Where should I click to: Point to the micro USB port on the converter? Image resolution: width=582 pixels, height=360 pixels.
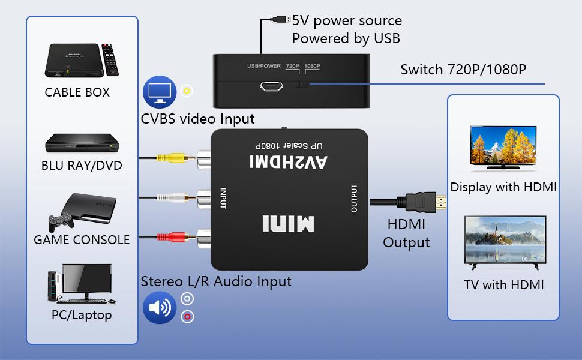click(271, 87)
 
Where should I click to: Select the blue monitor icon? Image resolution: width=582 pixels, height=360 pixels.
click(158, 91)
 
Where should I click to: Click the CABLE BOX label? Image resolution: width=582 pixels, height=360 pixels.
click(77, 92)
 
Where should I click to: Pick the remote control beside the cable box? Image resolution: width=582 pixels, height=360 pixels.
click(109, 58)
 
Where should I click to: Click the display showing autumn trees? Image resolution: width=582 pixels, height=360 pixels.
click(503, 145)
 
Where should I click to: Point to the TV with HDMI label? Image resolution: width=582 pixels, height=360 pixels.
click(503, 284)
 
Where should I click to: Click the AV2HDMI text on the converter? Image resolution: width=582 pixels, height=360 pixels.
click(289, 161)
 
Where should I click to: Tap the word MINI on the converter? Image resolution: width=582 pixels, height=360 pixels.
click(288, 223)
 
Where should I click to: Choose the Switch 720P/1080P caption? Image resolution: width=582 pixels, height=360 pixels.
click(463, 69)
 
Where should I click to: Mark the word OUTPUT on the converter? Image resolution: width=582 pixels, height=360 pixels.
click(354, 198)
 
